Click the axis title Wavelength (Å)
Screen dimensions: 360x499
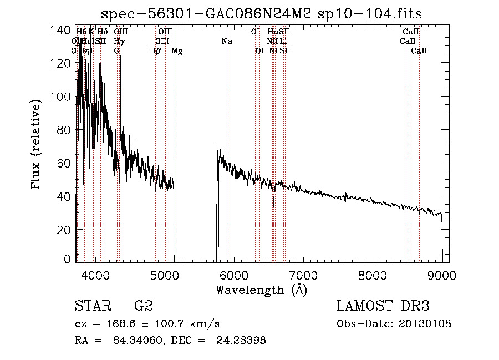point(261,290)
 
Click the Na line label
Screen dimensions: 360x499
point(226,41)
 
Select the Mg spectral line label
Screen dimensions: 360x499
point(177,51)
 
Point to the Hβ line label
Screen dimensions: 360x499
point(155,51)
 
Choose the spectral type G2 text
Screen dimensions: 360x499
point(143,306)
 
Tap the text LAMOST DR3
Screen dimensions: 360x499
point(383,306)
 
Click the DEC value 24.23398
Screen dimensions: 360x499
point(244,341)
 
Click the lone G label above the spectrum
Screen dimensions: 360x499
point(116,51)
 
